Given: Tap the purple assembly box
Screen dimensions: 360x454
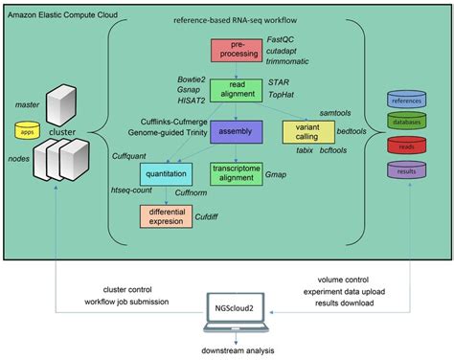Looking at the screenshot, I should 234,128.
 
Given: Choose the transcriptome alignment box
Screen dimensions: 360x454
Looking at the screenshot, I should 234,173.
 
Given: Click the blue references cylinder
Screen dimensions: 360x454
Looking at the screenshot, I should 406,99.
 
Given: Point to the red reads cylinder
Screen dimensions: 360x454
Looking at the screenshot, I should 406,146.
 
